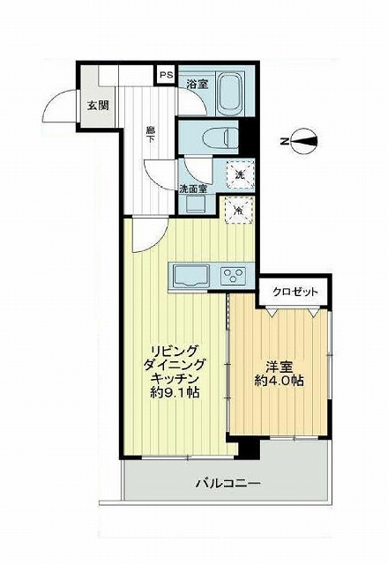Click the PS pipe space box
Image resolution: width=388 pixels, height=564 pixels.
click(x=166, y=75)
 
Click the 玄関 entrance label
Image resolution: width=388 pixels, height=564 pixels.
click(x=98, y=106)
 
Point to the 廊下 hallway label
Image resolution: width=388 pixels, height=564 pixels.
click(x=149, y=135)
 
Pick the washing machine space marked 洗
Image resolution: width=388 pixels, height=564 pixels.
click(x=240, y=175)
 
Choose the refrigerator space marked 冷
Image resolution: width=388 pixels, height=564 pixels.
click(x=239, y=210)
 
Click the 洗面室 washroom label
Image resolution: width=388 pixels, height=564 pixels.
click(x=193, y=189)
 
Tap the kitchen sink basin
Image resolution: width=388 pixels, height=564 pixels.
click(x=190, y=276)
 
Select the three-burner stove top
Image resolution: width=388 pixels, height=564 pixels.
click(x=233, y=276)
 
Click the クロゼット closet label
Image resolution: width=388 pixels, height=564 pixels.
click(x=295, y=292)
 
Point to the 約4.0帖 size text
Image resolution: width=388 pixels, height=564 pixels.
click(x=279, y=381)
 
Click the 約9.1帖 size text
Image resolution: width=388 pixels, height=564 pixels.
click(x=175, y=392)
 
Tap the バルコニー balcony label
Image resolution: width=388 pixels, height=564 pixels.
click(x=228, y=484)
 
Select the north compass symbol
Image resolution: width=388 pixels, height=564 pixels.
click(x=301, y=141)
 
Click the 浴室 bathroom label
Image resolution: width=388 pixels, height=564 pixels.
click(x=198, y=85)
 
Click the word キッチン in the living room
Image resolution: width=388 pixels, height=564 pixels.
click(x=175, y=378)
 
